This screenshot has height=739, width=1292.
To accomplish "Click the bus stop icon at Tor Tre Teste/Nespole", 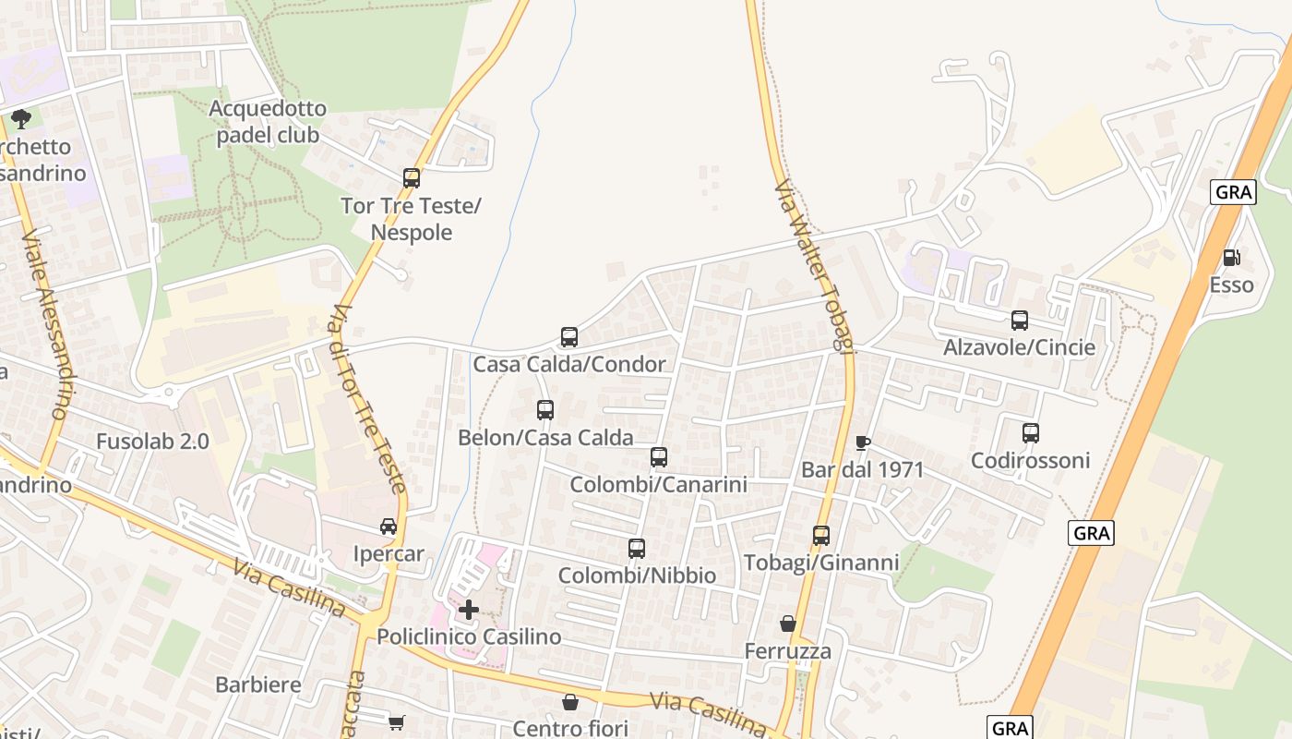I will (412, 178).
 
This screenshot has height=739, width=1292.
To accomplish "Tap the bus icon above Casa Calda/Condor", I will (569, 337).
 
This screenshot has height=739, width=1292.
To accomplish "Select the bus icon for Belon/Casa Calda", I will (545, 410).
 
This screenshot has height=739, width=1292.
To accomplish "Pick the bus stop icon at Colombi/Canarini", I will (658, 457).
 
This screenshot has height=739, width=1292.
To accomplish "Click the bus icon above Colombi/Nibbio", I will (637, 549).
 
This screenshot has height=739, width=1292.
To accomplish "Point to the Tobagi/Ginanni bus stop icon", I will (820, 536).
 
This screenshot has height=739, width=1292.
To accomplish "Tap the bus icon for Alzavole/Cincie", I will (1020, 321).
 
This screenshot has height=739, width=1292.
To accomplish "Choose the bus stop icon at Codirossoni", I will (1031, 433).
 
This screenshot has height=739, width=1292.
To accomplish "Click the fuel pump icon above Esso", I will (1231, 258).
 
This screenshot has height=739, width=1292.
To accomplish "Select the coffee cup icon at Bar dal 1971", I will (862, 442).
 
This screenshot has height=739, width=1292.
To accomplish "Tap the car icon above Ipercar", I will (389, 527).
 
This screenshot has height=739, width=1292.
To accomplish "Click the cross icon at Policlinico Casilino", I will (469, 610).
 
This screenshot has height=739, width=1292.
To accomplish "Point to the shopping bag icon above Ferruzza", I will (787, 624).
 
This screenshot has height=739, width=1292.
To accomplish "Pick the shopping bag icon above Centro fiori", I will (570, 702).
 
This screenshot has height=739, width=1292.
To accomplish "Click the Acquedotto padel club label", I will (268, 122).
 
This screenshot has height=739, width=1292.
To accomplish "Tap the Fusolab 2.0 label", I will (153, 442).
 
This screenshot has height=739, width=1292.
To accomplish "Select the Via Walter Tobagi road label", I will (813, 268).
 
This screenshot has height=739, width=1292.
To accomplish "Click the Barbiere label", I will (258, 684).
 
